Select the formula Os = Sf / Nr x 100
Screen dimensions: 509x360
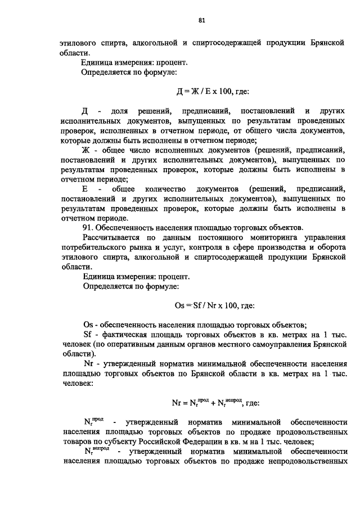pyautogui.click(x=207, y=305)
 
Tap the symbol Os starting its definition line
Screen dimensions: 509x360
pyautogui.click(x=87, y=325)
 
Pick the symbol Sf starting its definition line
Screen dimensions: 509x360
pyautogui.click(x=87, y=335)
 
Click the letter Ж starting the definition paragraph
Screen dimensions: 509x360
pyautogui.click(x=86, y=150)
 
